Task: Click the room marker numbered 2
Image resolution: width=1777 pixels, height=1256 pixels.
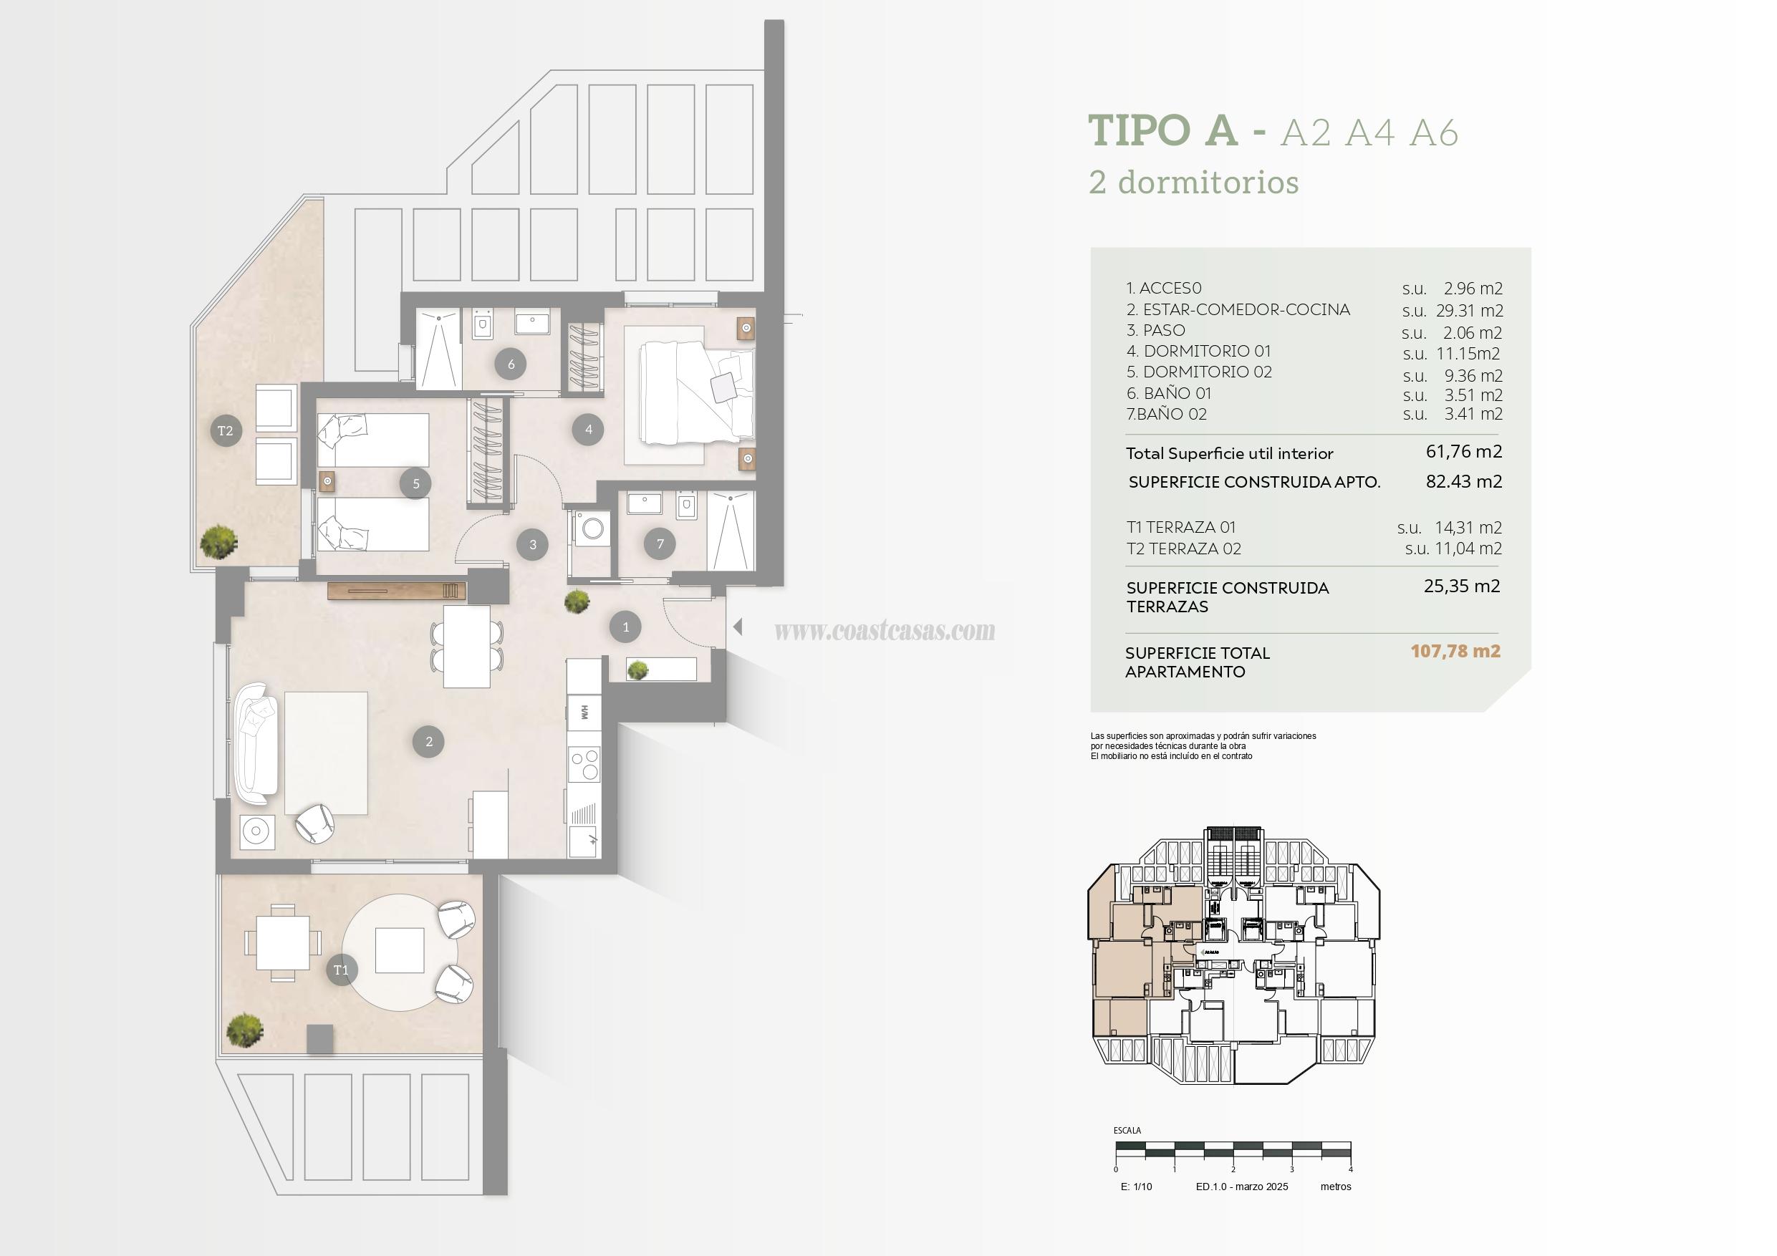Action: click(x=429, y=741)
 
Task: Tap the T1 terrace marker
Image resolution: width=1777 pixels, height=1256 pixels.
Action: click(x=342, y=970)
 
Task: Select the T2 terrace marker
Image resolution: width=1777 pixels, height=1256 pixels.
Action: click(x=225, y=431)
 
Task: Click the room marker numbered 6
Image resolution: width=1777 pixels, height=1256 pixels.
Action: click(x=511, y=364)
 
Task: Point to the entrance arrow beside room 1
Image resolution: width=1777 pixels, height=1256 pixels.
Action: click(x=738, y=627)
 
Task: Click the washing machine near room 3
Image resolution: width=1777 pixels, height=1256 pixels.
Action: click(x=593, y=529)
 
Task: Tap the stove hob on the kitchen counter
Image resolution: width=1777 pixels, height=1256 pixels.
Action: click(x=584, y=765)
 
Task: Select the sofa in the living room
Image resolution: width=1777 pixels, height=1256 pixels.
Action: click(x=256, y=743)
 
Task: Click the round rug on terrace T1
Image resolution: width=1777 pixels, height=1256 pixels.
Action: click(x=400, y=951)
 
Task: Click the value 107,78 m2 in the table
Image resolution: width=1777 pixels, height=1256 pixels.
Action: click(x=1455, y=651)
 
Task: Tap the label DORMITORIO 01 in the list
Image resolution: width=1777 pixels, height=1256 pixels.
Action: click(x=1207, y=352)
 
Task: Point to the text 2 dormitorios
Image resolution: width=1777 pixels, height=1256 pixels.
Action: click(x=1193, y=183)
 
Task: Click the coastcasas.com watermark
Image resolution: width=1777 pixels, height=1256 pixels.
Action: click(x=885, y=631)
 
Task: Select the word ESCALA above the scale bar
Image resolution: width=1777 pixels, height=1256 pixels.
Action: click(x=1127, y=1131)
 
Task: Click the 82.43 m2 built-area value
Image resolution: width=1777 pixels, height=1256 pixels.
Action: click(x=1463, y=481)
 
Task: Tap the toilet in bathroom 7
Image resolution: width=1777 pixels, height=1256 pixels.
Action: click(x=686, y=506)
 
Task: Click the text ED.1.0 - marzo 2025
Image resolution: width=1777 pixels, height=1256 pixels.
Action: click(x=1241, y=1187)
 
